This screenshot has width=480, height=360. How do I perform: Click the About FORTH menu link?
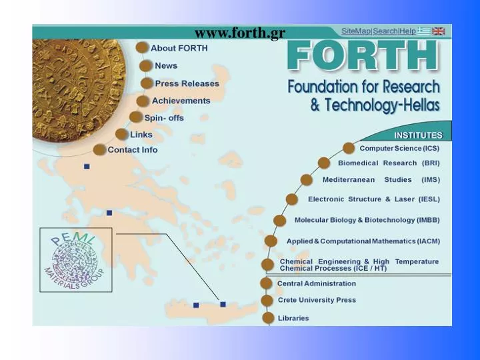tap(179, 48)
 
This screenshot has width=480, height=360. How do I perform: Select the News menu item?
tap(166, 66)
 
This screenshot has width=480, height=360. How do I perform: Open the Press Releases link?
tap(187, 83)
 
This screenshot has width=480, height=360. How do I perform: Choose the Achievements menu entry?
tap(181, 101)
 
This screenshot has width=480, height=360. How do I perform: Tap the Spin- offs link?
tap(164, 118)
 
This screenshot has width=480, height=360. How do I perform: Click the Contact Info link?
tap(133, 150)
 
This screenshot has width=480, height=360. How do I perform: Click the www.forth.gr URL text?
tap(240, 34)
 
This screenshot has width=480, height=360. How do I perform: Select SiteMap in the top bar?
tap(356, 31)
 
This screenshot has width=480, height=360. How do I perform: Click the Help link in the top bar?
tap(407, 31)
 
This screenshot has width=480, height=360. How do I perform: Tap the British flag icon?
tap(438, 31)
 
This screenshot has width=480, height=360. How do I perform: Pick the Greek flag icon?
tap(424, 31)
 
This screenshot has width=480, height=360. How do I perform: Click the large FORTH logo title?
tap(363, 57)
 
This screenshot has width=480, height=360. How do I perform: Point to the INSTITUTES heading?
tap(418, 135)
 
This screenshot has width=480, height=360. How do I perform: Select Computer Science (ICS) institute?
tap(399, 148)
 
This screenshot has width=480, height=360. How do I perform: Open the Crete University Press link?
tap(317, 300)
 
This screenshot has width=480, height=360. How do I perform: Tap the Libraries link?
tap(293, 318)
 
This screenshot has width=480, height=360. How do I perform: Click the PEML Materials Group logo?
tap(75, 260)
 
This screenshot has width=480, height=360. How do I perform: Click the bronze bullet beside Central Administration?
tap(267, 283)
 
